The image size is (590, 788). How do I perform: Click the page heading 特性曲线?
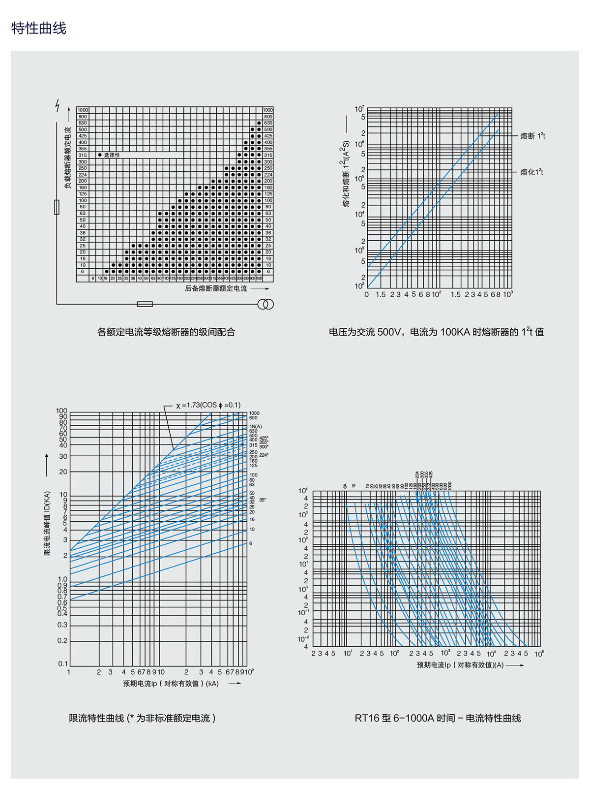coord(38,28)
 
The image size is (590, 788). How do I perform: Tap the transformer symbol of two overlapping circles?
coord(265,304)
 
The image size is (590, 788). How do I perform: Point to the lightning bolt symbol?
coord(58,105)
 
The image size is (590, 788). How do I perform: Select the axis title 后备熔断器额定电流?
coord(216,288)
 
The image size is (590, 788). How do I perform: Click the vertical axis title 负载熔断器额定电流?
coord(68,158)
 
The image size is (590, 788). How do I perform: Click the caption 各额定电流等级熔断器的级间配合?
coord(166,332)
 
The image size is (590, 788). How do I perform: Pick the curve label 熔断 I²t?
coord(532,136)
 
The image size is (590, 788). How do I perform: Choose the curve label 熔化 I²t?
coord(531,172)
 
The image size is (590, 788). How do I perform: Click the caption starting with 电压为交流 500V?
coord(436,332)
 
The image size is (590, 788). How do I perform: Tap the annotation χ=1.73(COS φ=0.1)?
coord(208,405)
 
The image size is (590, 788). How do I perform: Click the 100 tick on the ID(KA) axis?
coord(61,411)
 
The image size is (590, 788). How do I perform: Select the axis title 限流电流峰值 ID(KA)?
coord(47,523)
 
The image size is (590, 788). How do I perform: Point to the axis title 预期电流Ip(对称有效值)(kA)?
coord(171,684)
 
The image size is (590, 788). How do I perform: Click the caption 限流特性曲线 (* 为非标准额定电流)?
coord(143,718)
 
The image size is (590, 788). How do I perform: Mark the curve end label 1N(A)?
coord(256,426)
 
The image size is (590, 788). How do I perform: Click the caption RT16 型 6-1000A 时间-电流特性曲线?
coord(438,718)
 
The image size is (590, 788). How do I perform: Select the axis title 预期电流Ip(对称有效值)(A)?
coord(460,665)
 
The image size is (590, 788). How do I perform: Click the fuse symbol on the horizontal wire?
coord(145,304)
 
